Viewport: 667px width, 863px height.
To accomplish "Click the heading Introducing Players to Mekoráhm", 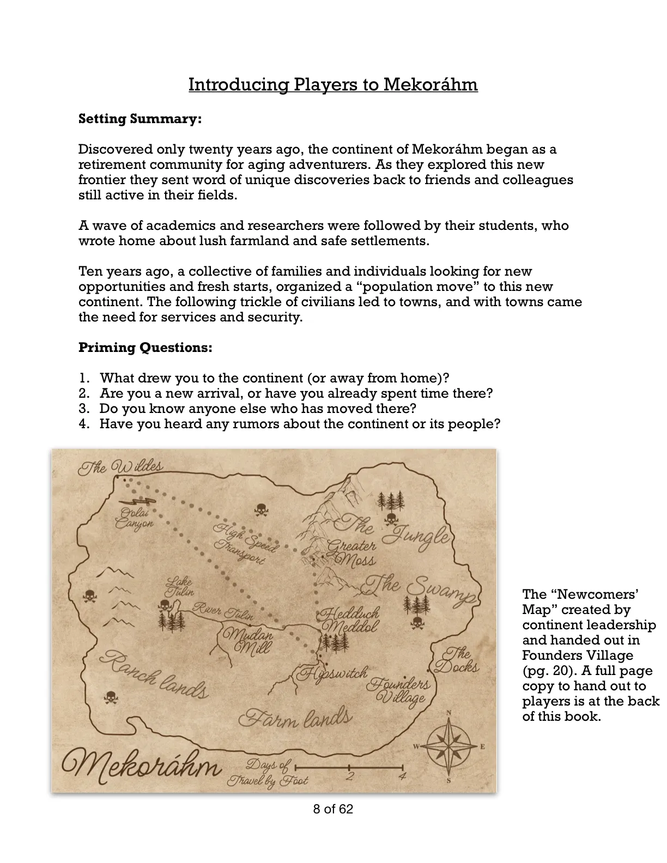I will pos(333,85).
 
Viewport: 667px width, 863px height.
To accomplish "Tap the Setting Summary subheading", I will pos(140,119).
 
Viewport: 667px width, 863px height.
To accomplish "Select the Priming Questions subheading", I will pos(145,348).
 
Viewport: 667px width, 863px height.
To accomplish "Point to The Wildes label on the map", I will pos(120,467).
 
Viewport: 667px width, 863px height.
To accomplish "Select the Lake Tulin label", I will pos(179,587).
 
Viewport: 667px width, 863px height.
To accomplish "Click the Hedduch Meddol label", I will pos(349,620).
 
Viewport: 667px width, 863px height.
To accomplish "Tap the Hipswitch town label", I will pos(332,673).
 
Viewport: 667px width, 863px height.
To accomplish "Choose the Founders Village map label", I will pos(401,690).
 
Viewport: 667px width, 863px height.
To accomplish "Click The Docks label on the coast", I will pos(458,660).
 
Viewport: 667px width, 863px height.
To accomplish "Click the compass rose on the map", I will pos(448,746).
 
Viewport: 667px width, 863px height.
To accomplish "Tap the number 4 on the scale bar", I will pos(402,776).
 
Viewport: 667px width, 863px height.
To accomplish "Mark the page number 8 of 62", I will pos(333,809).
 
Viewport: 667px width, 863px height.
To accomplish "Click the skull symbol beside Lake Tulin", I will pos(164,605).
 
